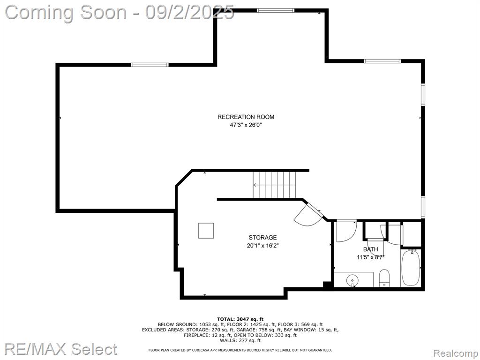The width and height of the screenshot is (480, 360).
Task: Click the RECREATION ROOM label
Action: (246, 117)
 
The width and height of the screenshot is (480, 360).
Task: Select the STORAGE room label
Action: (262, 237)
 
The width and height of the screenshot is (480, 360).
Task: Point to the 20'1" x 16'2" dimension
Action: (262, 246)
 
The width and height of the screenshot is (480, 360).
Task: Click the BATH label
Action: (370, 249)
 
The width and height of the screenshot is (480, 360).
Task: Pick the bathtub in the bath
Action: (411, 268)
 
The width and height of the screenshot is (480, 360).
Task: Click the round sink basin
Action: (352, 280)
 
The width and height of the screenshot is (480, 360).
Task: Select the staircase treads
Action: (275, 185)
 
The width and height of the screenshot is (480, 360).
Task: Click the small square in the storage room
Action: (206, 231)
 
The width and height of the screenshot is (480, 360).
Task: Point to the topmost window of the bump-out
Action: (276, 10)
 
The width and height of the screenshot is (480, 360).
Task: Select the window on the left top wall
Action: (150, 65)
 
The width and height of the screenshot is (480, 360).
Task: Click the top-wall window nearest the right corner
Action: (382, 61)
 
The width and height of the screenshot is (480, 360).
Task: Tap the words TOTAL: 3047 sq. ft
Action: (240, 319)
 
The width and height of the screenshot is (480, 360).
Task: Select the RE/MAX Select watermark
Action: (60, 349)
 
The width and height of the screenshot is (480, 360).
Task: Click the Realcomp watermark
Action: (456, 353)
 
